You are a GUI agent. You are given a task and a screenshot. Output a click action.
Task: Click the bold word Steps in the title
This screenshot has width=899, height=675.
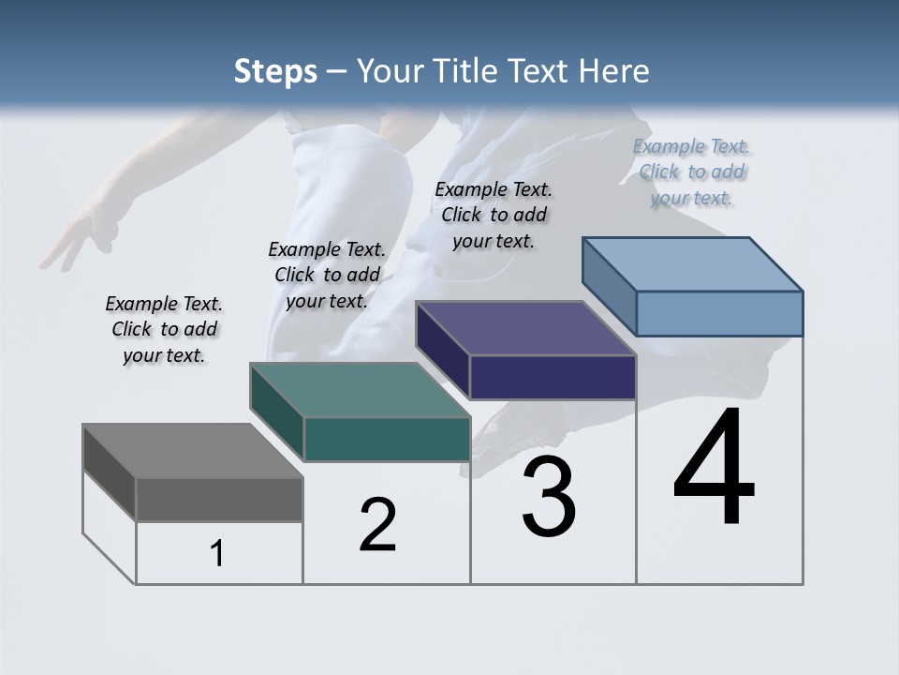[275, 72]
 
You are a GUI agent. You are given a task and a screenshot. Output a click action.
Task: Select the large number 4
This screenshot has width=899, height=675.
[714, 469]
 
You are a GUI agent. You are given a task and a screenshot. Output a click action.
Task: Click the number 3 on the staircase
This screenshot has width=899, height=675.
[549, 497]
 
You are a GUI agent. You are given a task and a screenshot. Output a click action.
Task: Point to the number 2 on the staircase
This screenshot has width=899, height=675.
[377, 525]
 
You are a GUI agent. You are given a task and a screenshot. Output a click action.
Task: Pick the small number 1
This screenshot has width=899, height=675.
[217, 554]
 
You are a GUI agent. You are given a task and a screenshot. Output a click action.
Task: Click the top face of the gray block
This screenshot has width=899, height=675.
[192, 451]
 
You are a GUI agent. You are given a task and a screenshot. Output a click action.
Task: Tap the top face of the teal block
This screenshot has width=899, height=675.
[360, 390]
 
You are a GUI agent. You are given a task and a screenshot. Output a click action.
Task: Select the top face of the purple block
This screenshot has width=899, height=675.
[525, 328]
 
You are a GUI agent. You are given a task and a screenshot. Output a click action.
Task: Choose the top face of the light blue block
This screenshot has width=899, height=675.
[693, 264]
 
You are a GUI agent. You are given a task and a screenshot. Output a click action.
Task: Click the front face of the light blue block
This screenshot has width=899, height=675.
[719, 313]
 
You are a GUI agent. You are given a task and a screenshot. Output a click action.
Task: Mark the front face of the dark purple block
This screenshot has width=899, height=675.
[553, 377]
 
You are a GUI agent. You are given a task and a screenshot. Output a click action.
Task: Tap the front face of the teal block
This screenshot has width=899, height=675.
[386, 439]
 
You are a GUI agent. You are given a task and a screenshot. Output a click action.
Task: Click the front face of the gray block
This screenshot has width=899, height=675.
[219, 500]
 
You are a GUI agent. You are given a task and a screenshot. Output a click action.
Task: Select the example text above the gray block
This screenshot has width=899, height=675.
[164, 329]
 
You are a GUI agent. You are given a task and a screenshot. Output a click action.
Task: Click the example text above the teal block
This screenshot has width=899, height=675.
[327, 275]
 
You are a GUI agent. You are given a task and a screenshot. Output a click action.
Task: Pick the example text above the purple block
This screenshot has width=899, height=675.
[494, 215]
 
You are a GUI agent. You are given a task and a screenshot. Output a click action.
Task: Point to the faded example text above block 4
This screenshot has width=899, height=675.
[692, 172]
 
